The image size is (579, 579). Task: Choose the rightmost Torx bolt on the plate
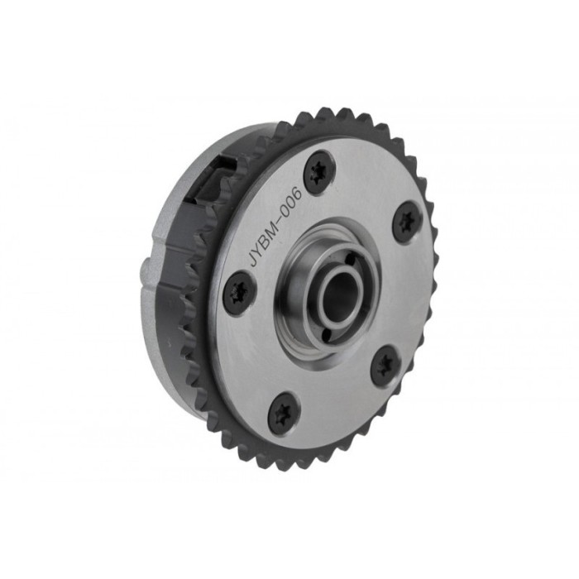click(x=405, y=222)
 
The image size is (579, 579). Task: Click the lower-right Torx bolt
click(x=384, y=364)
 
